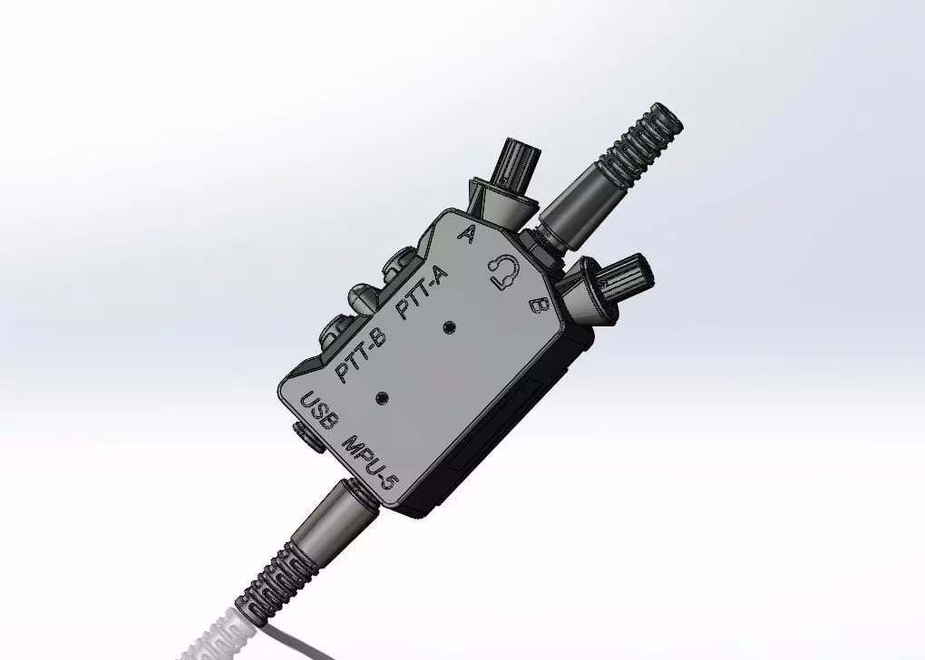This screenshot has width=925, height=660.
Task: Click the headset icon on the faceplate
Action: (x=504, y=271)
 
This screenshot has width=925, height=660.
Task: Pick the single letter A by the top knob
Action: (x=468, y=235)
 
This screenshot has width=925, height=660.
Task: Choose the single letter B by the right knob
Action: (x=538, y=306)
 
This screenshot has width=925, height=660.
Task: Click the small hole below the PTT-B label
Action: (x=381, y=397)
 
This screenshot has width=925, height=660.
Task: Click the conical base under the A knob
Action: (x=501, y=203)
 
